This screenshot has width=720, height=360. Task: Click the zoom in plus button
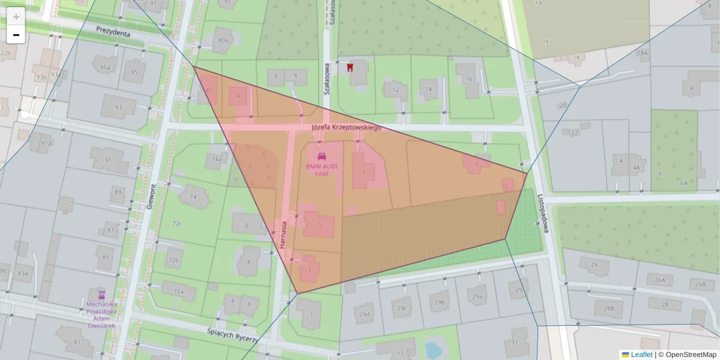pyautogui.click(x=16, y=17)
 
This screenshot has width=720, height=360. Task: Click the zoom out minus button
pyautogui.click(x=16, y=35)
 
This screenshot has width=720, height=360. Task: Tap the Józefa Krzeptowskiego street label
pyautogui.click(x=347, y=128)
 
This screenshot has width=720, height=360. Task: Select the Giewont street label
pyautogui.click(x=150, y=196)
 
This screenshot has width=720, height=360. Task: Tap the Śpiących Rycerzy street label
pyautogui.click(x=232, y=334)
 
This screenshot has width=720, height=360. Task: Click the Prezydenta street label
pyautogui.click(x=113, y=32)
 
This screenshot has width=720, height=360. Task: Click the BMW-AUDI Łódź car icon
pyautogui.click(x=321, y=156)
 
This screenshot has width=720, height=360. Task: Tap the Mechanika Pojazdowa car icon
pyautogui.click(x=101, y=295)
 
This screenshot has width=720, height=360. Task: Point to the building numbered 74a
pyautogui.click(x=217, y=159)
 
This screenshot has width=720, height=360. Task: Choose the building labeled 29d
pyautogui.click(x=364, y=313)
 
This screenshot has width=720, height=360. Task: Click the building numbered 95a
pyautogui.click(x=105, y=67)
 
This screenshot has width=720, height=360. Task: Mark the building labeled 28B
pyautogui.click(x=608, y=308)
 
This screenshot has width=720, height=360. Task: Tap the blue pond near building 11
pyautogui.click(x=431, y=349)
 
